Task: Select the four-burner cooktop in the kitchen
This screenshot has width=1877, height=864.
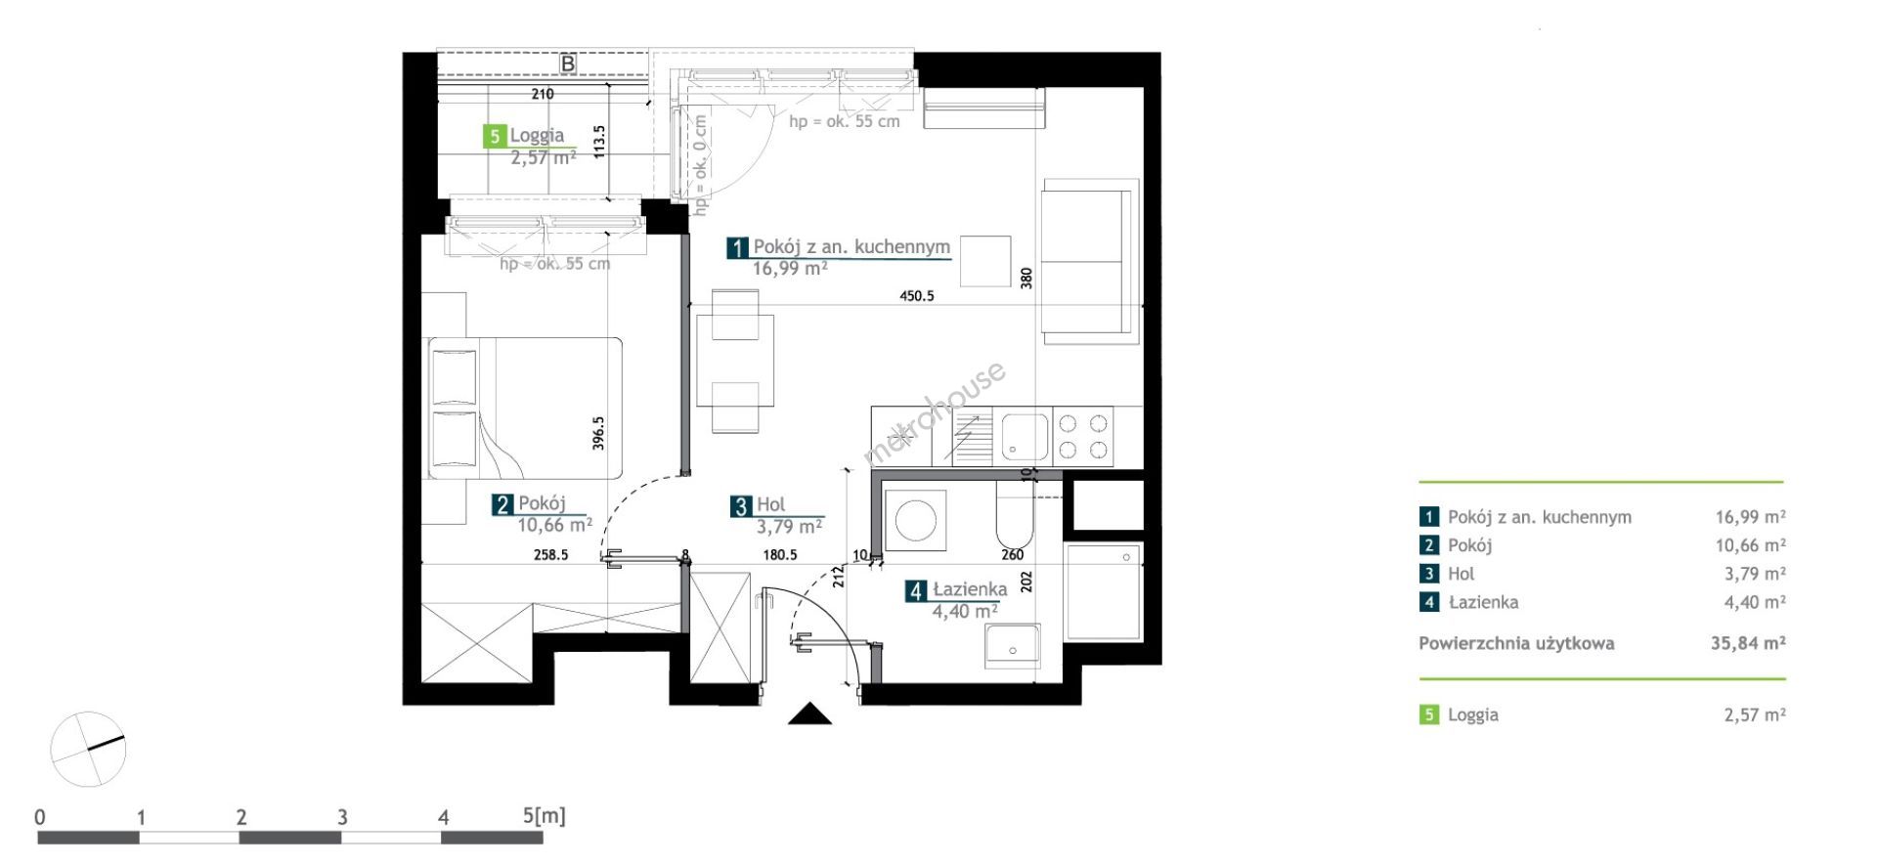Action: (x=1084, y=436)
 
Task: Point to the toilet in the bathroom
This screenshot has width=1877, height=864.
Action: (x=1015, y=517)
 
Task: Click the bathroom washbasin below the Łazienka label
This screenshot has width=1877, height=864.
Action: (x=1012, y=646)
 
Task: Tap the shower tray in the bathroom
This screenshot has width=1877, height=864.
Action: (x=1104, y=592)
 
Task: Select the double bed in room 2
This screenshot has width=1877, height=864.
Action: (x=524, y=408)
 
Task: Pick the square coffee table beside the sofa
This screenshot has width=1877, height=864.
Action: (x=984, y=261)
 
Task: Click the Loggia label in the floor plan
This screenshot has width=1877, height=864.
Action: (x=537, y=135)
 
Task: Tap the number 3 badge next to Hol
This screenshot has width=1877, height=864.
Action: (x=741, y=505)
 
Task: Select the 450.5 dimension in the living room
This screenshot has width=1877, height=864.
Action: (x=917, y=295)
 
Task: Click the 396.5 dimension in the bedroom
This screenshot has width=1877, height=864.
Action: (x=598, y=433)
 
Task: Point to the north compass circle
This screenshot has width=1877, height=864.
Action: (x=88, y=749)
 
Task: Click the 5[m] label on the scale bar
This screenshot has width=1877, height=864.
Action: (x=545, y=815)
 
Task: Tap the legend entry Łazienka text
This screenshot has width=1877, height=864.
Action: (x=1483, y=602)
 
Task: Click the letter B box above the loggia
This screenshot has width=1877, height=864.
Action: (x=567, y=64)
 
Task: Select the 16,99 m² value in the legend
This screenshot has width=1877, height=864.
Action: (x=1750, y=517)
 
